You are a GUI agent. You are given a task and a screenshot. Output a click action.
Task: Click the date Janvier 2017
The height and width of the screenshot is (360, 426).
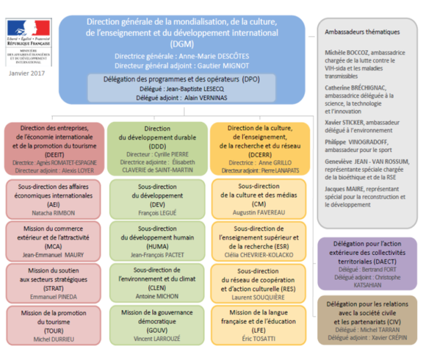click(27, 74)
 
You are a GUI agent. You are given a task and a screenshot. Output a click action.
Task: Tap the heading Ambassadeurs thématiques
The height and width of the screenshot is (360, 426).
click(353, 32)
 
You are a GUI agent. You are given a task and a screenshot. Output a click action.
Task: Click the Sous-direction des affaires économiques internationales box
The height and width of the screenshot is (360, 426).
click(54, 198)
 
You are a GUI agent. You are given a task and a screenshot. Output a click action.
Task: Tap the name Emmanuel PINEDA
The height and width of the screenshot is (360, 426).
click(54, 296)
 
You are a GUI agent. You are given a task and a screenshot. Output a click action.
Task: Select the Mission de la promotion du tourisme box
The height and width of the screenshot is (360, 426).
click(54, 325)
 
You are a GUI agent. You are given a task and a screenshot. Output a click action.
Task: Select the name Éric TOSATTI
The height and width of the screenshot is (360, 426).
click(257, 339)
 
